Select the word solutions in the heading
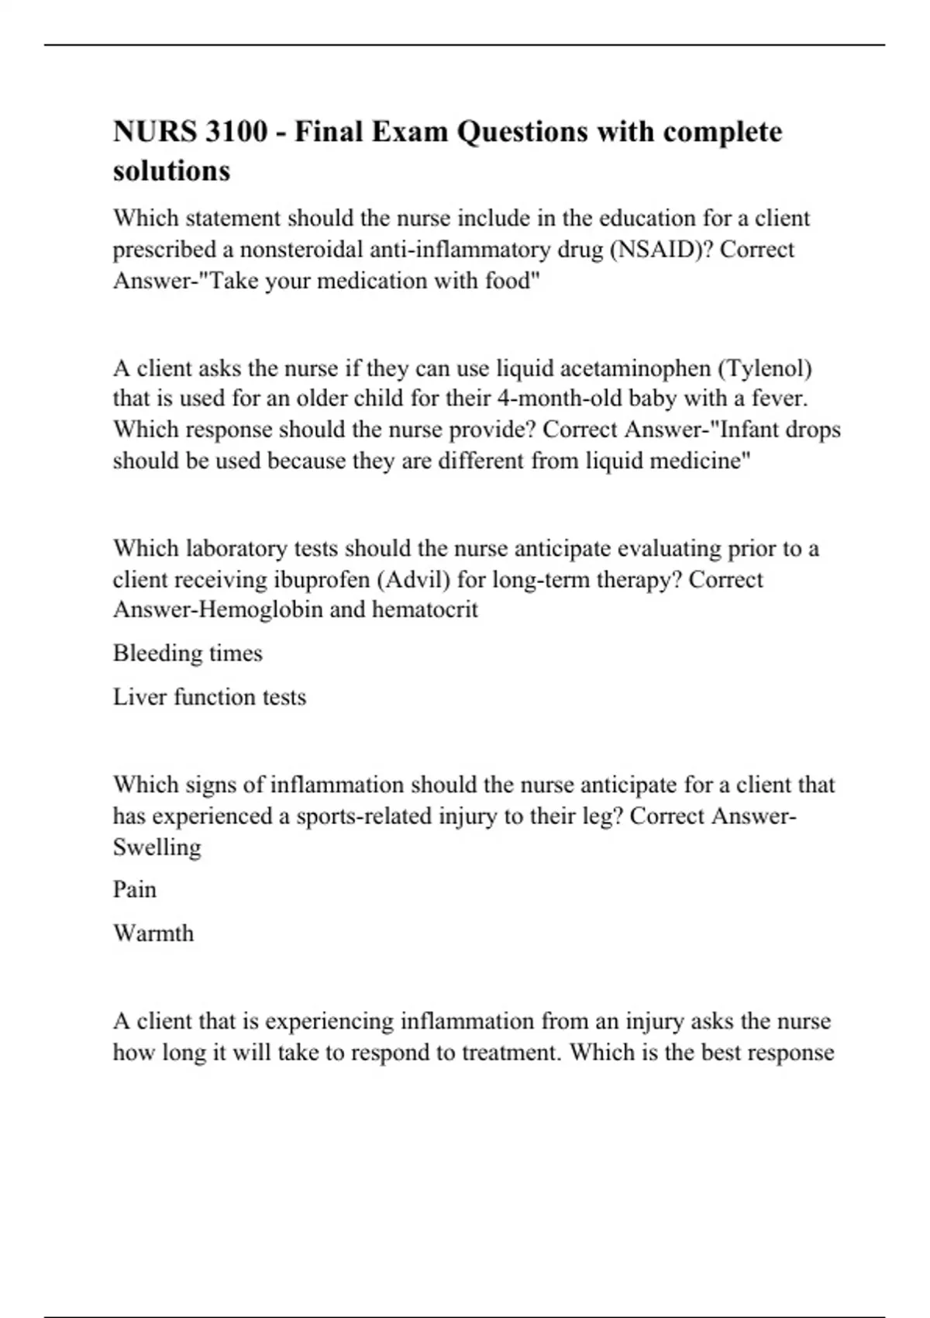171,171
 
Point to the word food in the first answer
510,281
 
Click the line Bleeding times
188,653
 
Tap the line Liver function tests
209,696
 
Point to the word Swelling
157,847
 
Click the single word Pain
135,889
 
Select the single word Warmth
153,933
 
